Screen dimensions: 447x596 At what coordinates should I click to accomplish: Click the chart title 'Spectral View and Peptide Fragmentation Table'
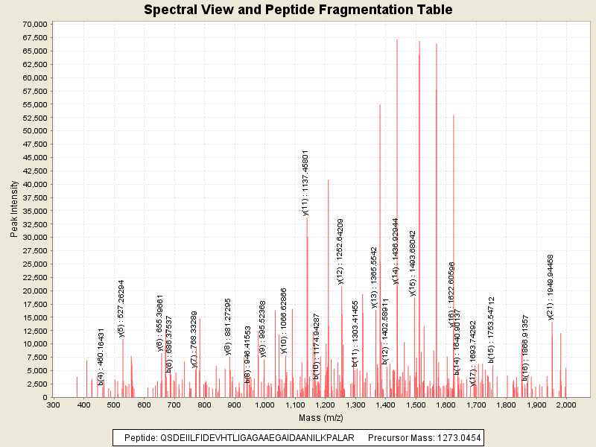click(298, 10)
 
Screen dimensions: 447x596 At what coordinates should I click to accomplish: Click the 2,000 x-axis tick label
click(565, 405)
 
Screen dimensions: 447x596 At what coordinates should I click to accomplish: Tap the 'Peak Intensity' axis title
click(14, 211)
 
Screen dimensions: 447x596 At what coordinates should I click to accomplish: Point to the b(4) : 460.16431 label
click(101, 346)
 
